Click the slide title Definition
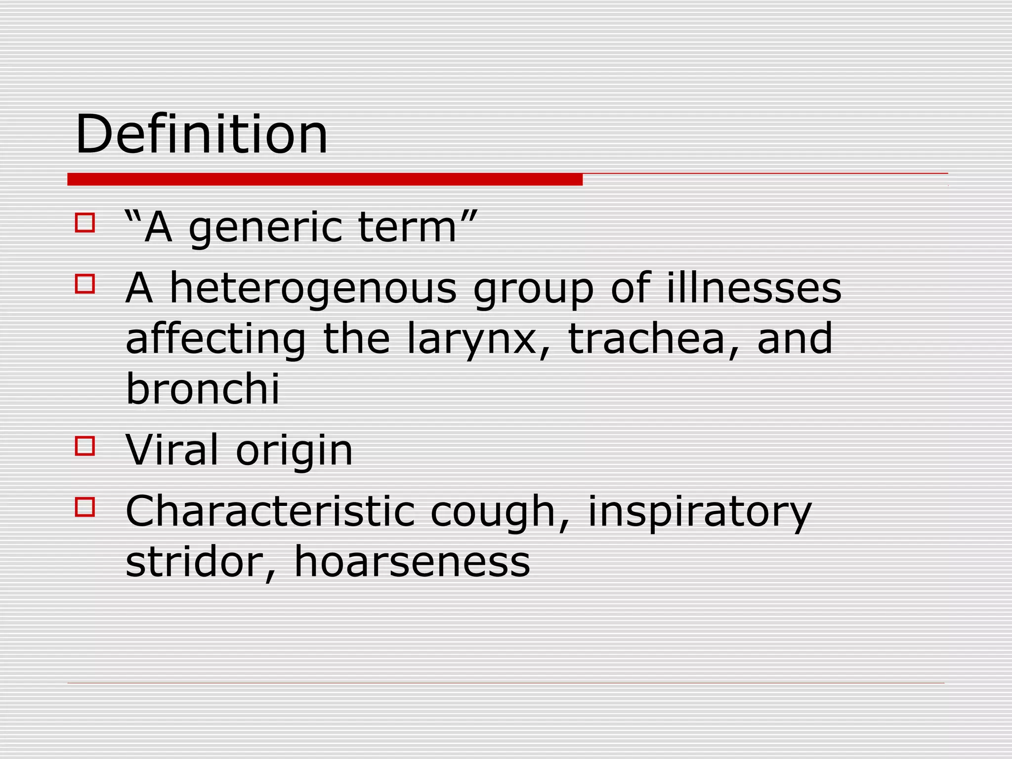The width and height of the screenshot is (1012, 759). click(x=202, y=134)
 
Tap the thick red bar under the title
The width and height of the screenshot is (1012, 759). click(x=325, y=179)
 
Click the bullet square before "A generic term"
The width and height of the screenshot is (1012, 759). click(x=85, y=223)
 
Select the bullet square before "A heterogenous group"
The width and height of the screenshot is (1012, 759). click(x=85, y=284)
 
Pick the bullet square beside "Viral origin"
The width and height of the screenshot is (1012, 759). click(x=85, y=446)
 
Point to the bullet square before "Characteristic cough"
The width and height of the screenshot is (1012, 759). click(x=85, y=507)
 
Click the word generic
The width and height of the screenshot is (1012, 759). click(x=265, y=229)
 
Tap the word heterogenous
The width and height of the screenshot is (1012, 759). click(x=313, y=289)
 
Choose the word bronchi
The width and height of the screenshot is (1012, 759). click(x=203, y=388)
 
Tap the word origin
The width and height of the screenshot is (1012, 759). click(x=295, y=451)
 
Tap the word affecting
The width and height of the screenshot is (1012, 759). click(x=216, y=340)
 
